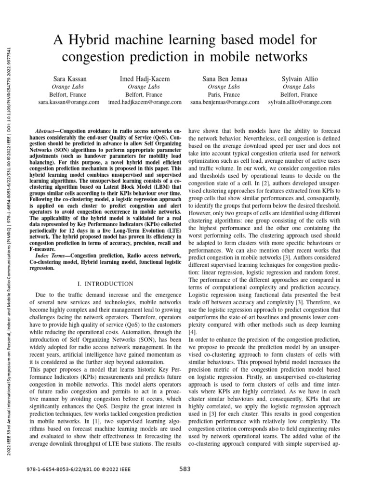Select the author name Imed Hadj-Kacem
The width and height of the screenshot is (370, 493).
click(145, 78)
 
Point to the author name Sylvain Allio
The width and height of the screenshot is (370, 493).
click(299, 78)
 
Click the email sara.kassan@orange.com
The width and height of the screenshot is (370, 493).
click(68, 103)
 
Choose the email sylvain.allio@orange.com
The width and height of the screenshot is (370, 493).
click(299, 103)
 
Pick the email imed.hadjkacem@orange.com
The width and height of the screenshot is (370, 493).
click(145, 103)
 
